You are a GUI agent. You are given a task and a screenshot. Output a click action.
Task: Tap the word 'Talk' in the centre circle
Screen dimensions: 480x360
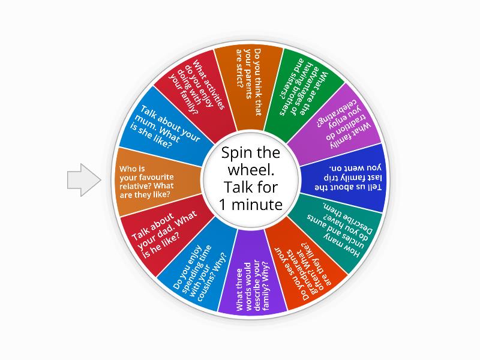(229, 187)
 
